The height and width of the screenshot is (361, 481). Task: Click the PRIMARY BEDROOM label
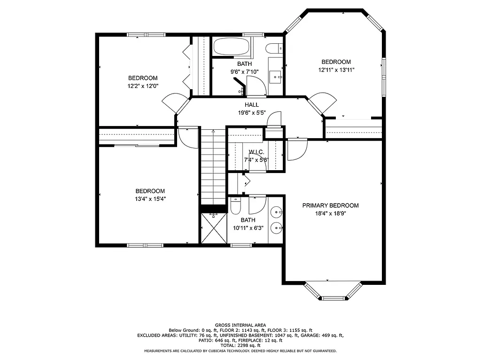(330, 205)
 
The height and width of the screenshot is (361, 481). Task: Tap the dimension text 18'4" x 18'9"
(330, 213)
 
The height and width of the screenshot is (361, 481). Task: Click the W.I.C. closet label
(256, 152)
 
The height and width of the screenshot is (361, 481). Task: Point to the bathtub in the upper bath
(231, 47)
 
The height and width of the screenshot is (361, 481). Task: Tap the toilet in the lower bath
(236, 207)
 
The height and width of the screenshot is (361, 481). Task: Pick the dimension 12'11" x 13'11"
(336, 70)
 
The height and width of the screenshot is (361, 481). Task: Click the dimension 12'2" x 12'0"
(143, 86)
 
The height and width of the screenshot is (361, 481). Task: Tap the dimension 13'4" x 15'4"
(150, 198)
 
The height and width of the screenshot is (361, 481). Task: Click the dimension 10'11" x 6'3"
(248, 228)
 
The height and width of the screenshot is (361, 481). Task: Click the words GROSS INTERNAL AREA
(240, 325)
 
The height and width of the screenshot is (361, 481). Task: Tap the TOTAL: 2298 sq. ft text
(240, 345)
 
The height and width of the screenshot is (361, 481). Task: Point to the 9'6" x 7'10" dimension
(244, 72)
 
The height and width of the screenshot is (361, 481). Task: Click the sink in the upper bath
(276, 76)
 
